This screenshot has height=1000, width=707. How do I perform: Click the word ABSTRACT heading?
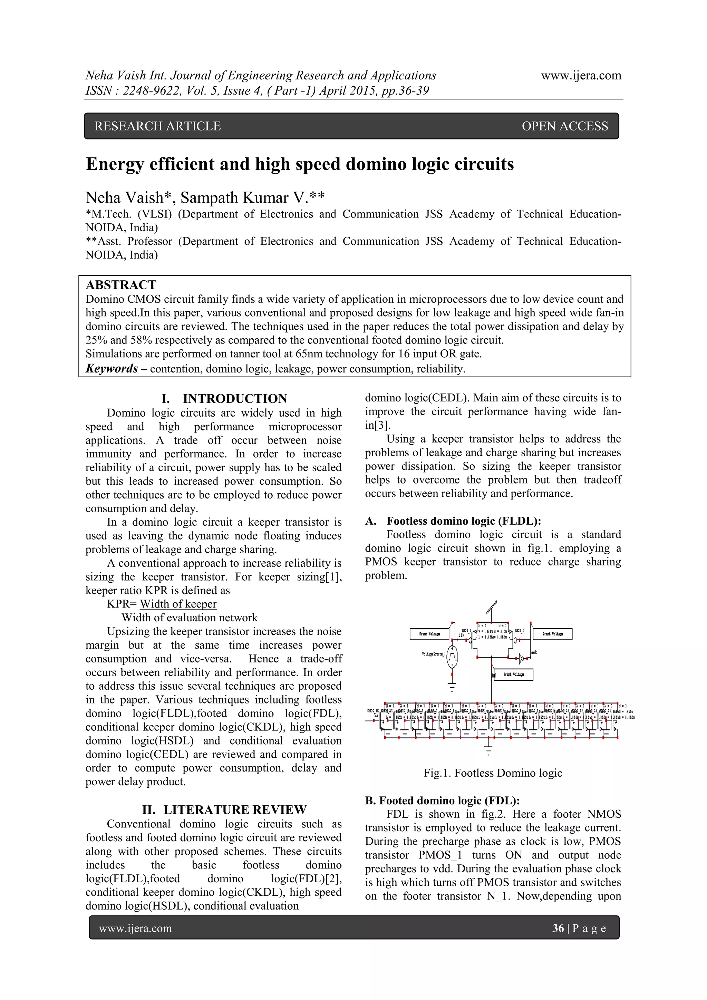(121, 285)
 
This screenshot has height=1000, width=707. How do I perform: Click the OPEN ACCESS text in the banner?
(564, 126)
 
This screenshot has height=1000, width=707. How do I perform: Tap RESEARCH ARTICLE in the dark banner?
(158, 126)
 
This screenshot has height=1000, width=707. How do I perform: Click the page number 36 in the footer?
(558, 929)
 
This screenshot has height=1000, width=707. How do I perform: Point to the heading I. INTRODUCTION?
(224, 399)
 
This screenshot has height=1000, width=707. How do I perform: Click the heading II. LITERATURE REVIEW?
(224, 810)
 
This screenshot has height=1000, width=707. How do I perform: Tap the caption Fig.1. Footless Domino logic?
(493, 773)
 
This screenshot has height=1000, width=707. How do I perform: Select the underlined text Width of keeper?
(178, 604)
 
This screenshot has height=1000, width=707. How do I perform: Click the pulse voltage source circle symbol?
(452, 661)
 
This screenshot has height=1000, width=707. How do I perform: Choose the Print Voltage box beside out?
(552, 634)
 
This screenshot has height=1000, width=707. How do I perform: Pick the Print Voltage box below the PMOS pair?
(514, 674)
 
